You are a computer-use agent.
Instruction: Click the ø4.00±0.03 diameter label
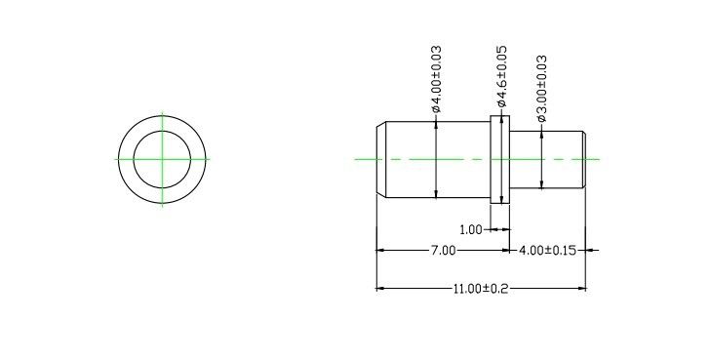[436, 79]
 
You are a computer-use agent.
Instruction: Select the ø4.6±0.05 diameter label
[501, 76]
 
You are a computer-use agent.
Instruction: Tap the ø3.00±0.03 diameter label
[541, 89]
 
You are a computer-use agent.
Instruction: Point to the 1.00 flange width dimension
[471, 230]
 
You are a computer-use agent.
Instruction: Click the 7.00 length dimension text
[443, 251]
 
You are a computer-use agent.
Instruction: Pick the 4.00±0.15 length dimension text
[547, 251]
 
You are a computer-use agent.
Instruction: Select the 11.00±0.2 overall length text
[481, 289]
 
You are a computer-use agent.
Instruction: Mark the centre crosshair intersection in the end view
[162, 159]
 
